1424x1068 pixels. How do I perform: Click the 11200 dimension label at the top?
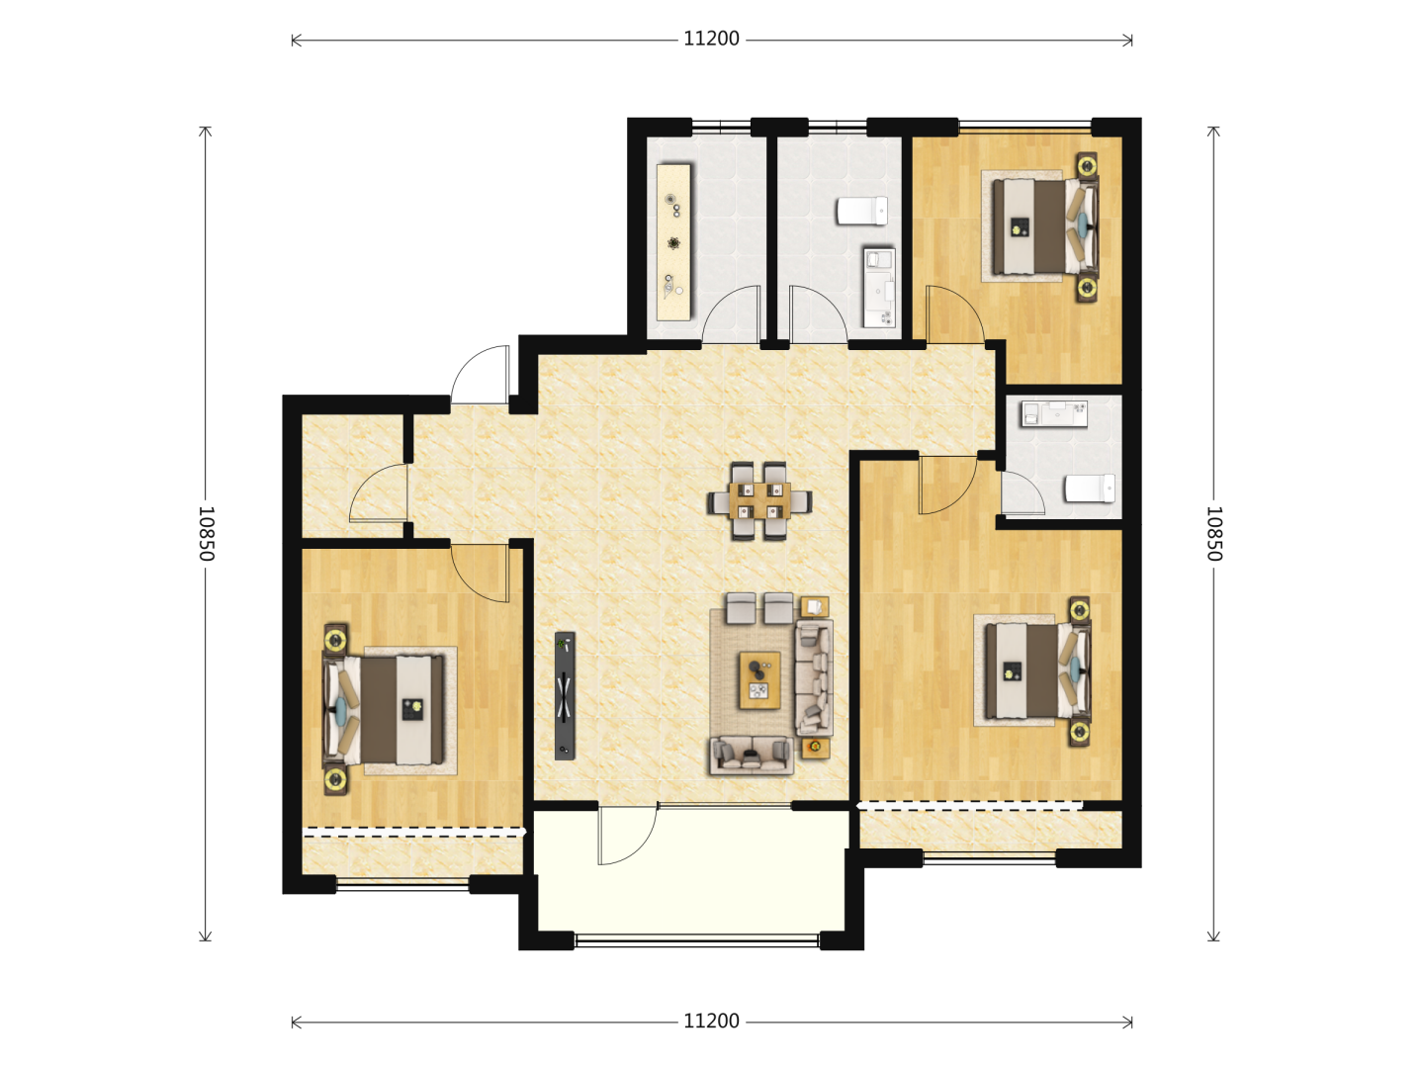point(711,39)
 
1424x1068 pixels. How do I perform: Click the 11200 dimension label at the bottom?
point(711,1022)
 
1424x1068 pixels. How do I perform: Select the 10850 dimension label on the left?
point(206,533)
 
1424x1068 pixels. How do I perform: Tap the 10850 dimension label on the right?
point(1213,533)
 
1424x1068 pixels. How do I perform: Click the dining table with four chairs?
point(759,500)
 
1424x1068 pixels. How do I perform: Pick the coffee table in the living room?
point(759,680)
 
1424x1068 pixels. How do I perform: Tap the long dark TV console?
point(565,696)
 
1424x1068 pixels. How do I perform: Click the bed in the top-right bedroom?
point(1044,226)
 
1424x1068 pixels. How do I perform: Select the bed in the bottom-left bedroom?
point(384,709)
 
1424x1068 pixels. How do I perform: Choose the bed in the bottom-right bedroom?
point(1037,670)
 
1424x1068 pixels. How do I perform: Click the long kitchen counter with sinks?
point(673,242)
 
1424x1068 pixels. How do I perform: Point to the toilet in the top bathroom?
point(861,211)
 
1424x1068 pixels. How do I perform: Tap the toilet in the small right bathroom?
point(1090,489)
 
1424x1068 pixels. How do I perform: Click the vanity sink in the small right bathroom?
point(1054,413)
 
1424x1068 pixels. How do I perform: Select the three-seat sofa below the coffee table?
point(752,756)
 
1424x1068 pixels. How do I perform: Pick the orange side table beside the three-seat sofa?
point(816,748)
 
